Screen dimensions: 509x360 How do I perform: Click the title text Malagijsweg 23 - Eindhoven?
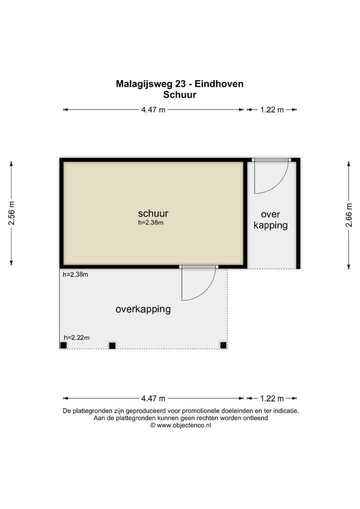[x=179, y=84]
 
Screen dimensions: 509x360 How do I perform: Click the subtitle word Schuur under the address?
[x=179, y=94]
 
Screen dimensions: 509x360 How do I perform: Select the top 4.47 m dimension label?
[x=153, y=110]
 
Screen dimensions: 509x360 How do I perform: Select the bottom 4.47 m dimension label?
[x=153, y=398]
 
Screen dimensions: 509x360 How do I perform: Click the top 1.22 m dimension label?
[x=271, y=110]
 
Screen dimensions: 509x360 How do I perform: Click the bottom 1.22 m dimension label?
[x=271, y=398]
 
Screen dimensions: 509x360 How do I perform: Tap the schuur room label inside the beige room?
[x=153, y=213]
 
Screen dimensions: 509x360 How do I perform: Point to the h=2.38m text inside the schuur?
[x=151, y=223]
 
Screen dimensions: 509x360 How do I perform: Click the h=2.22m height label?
[x=76, y=337]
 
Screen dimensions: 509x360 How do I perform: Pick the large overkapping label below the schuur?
[x=143, y=309]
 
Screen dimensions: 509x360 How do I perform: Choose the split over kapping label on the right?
[x=270, y=219]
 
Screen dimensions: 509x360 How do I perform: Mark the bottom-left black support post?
[x=63, y=345]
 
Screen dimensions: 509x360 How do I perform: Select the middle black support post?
[x=112, y=345]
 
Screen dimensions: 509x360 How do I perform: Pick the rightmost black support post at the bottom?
[x=223, y=345]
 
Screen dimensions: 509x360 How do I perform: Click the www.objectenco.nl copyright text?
[x=180, y=425]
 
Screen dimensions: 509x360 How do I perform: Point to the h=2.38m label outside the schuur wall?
[x=75, y=274]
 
